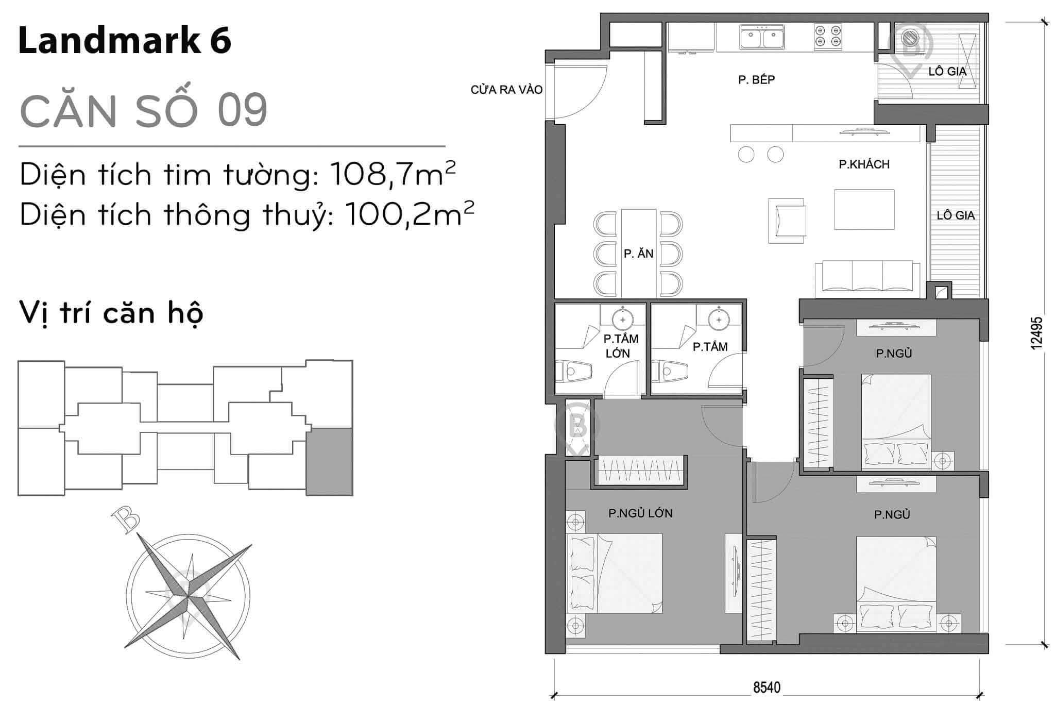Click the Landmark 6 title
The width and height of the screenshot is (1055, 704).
point(125,41)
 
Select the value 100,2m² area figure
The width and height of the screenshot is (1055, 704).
point(409,214)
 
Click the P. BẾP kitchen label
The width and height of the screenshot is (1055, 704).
point(756,79)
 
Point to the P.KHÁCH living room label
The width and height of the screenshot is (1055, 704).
point(864,164)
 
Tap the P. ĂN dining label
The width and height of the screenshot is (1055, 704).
point(638,254)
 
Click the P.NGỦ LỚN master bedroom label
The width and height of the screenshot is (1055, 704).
point(640,513)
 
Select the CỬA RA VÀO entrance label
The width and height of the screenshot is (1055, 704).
point(506,90)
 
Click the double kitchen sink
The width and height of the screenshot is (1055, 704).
point(762,38)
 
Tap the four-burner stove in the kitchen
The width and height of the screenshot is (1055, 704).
point(828,37)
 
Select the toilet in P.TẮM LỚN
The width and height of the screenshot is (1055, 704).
point(574,371)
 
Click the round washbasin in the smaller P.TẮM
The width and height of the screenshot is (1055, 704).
point(719,319)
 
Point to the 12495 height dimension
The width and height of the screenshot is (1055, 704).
point(1036,333)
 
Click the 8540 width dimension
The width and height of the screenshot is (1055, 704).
point(767,688)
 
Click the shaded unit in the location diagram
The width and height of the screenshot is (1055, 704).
point(329,461)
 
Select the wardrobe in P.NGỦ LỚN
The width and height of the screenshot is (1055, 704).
point(640,470)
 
